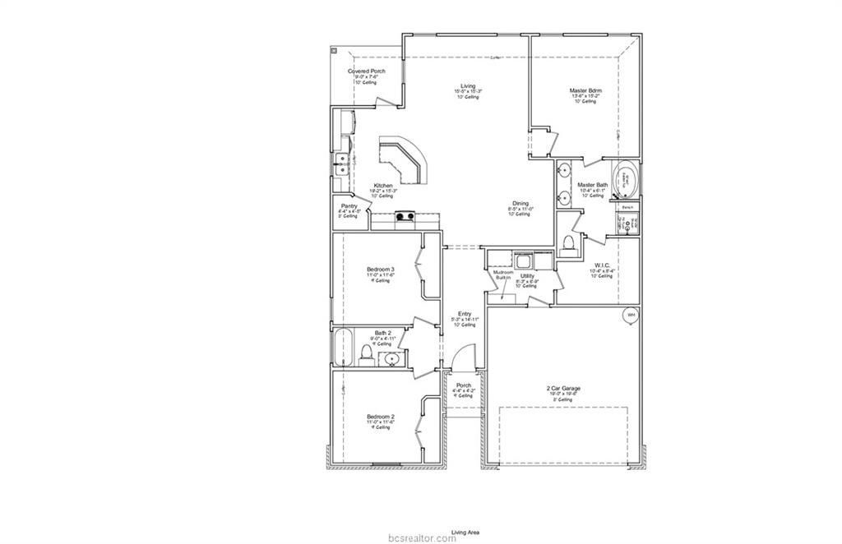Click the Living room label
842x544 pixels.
pyautogui.click(x=468, y=86)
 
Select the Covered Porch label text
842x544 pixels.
pyautogui.click(x=366, y=71)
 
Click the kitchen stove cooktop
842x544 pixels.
pyautogui.click(x=405, y=217)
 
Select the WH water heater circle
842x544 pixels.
pyautogui.click(x=631, y=315)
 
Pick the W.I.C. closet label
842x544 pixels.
pyautogui.click(x=601, y=265)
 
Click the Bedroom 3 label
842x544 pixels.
pyautogui.click(x=380, y=270)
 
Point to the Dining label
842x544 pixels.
pyautogui.click(x=520, y=203)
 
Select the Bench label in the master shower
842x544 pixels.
pyautogui.click(x=627, y=207)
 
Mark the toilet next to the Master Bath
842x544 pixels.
pyautogui.click(x=569, y=242)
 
